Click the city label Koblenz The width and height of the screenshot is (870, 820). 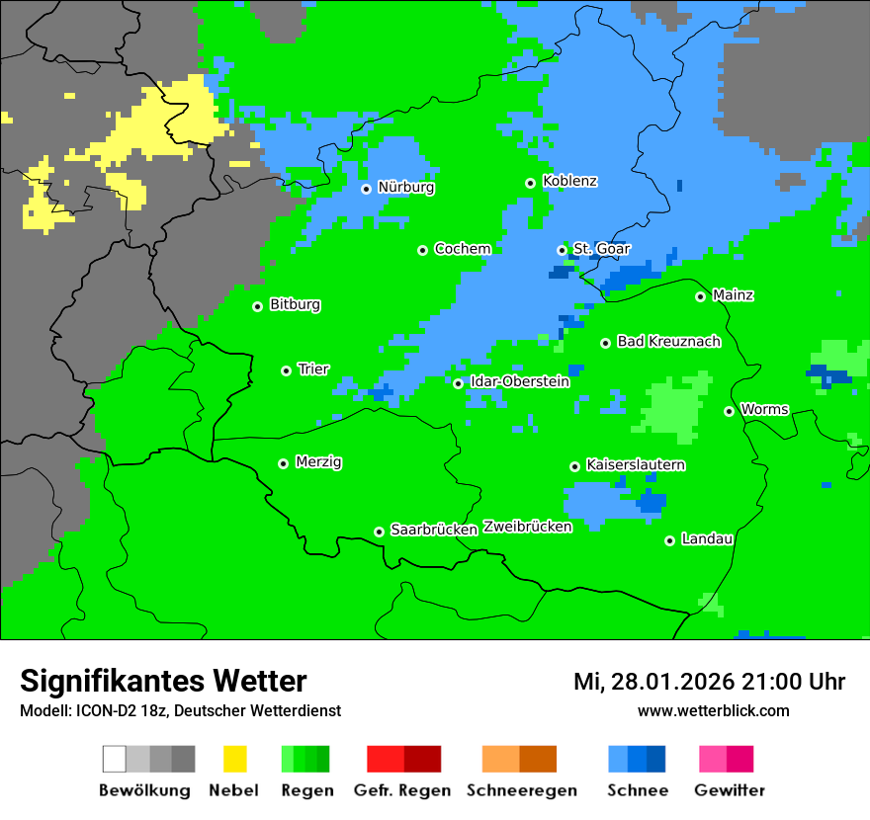point(569,182)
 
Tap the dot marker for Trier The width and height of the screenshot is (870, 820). point(287,370)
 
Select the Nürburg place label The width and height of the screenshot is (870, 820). point(405,188)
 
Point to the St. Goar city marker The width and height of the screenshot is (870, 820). point(563,250)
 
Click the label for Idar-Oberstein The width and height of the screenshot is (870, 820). point(520,382)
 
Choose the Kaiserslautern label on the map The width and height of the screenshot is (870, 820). point(636,465)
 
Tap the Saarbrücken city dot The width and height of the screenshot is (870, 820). point(380,532)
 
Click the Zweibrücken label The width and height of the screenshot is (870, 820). point(527,528)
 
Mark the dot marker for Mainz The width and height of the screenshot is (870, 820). point(701,296)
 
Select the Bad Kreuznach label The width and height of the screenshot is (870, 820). point(668,342)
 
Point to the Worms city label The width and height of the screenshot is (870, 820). point(764,410)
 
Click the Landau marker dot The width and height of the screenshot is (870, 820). point(670,540)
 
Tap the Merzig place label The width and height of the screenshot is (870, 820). point(318,462)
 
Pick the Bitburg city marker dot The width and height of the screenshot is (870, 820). point(258,306)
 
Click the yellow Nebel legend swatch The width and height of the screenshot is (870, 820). point(234,759)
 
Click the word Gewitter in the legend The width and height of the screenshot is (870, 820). point(729,790)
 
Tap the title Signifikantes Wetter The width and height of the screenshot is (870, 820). point(163,682)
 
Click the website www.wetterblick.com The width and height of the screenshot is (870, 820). point(713,711)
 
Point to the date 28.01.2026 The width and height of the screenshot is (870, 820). point(672,683)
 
